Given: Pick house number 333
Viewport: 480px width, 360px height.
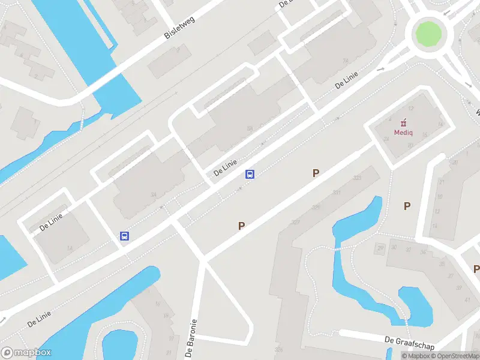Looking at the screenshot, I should (358, 178).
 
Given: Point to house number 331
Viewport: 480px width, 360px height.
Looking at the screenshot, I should (336, 193).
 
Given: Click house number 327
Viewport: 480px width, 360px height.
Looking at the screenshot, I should (295, 222).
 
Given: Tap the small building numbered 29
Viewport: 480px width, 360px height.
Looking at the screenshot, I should (380, 248).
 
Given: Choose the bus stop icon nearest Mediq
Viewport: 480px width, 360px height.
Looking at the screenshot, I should (250, 175).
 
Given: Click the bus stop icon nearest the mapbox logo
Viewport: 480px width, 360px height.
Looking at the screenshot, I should (124, 236).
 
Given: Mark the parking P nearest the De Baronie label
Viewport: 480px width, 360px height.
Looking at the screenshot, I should (241, 226).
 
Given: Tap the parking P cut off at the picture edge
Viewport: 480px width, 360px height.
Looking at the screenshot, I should (476, 269).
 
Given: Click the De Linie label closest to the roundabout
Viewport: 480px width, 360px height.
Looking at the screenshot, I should (347, 81).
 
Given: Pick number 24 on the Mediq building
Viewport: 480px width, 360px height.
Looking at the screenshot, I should (386, 139).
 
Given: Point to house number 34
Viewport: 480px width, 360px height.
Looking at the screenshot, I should (154, 194).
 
